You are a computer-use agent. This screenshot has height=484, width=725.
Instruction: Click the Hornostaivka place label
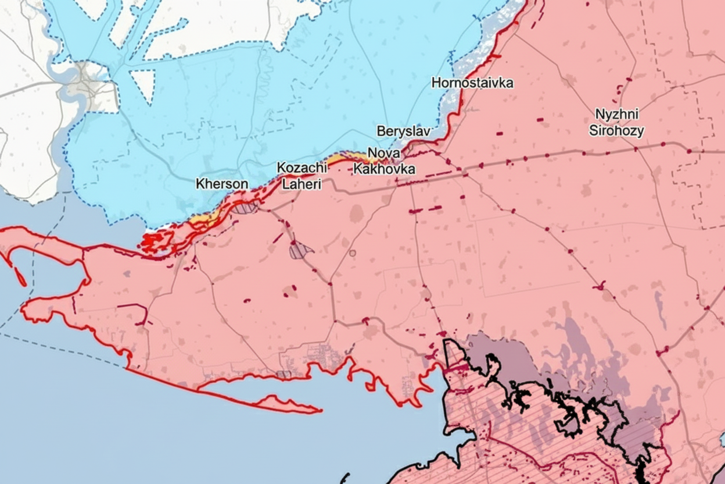point(472,83)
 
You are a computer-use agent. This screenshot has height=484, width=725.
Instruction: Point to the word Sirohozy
point(616,130)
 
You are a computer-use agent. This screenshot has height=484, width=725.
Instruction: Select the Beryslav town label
point(403,131)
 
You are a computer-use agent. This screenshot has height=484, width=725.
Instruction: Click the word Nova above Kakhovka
point(384,154)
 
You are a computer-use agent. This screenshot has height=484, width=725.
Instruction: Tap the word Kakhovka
point(384,169)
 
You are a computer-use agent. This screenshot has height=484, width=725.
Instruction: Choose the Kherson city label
point(222,184)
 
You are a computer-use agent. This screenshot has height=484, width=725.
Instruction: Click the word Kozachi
point(302,168)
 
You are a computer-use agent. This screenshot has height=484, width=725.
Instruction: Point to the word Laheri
point(301,184)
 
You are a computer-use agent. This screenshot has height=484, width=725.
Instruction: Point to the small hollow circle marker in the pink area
point(352,253)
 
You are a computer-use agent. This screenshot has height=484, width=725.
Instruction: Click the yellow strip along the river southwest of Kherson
point(209,219)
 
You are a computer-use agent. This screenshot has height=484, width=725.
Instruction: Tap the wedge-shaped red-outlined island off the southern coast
point(285,404)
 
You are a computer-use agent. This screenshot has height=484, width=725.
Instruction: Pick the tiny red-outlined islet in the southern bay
point(283,374)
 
